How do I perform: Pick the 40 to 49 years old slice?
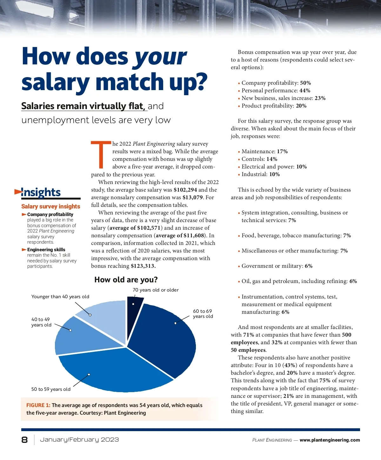pos(79,336)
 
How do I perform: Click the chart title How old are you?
pos(126,280)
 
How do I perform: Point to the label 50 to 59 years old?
pos(51,389)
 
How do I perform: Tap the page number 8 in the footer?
pos(24,440)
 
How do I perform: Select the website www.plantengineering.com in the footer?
pos(330,440)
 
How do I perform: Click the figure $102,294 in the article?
pos(185,190)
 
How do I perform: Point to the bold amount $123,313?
pos(143,266)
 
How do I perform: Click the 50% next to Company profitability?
pos(305,83)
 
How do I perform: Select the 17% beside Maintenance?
pos(282,151)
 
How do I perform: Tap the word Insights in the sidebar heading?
pos(41,192)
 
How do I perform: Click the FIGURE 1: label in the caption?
pos(38,405)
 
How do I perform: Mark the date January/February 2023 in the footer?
pos(79,440)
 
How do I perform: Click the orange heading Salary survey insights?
pos(51,206)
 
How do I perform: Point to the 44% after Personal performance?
pos(305,90)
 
